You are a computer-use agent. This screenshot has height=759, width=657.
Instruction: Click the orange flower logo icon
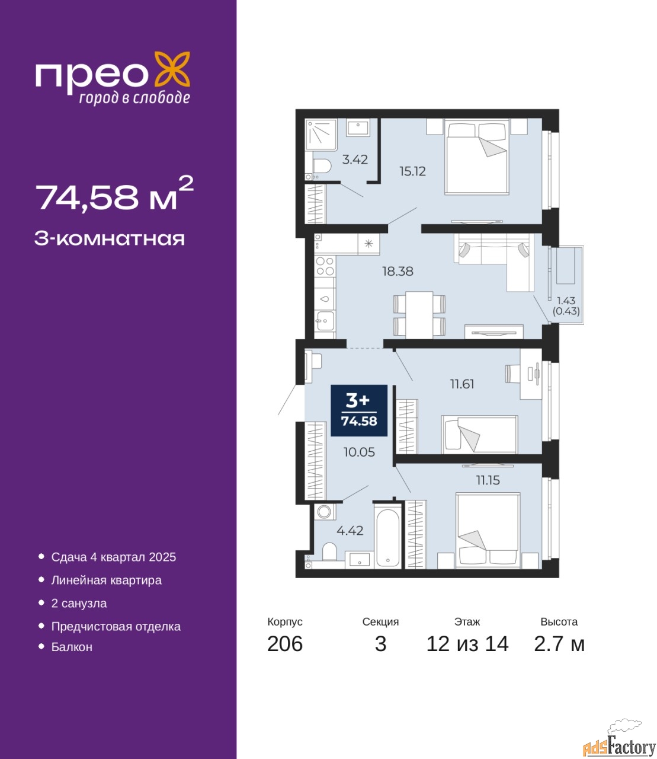click(172, 69)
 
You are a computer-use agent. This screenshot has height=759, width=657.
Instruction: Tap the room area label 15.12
click(413, 171)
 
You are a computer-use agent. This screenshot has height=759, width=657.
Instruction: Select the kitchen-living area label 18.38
click(398, 272)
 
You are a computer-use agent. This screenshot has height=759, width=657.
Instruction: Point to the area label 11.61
click(462, 384)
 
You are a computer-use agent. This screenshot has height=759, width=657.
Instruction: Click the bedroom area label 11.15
click(488, 480)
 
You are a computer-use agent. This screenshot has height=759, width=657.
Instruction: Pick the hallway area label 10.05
click(359, 452)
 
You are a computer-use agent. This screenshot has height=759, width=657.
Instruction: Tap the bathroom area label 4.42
click(350, 530)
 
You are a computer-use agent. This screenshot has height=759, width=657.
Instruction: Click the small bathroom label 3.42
click(355, 160)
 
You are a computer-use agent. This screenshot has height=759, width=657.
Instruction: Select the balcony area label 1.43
click(566, 301)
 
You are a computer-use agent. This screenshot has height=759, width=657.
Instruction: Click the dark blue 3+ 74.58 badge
click(359, 410)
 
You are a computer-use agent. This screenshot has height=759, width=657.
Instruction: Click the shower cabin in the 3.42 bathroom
click(321, 135)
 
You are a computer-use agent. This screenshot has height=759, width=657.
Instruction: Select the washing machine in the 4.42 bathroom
click(325, 512)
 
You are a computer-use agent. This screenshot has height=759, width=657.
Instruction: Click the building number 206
click(285, 644)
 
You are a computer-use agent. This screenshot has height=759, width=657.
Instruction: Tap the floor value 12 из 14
click(467, 644)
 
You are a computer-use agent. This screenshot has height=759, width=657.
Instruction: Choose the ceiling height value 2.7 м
click(559, 644)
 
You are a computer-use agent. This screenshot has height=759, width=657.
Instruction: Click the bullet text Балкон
click(72, 647)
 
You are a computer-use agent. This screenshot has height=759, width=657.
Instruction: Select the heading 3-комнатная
click(110, 239)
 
